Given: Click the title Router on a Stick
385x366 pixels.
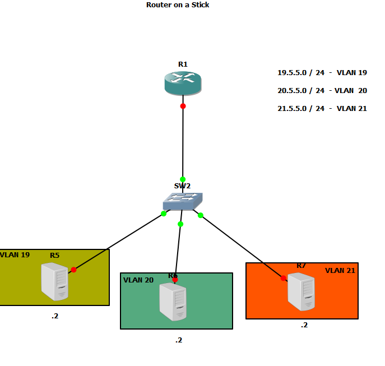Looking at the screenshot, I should click(x=178, y=4).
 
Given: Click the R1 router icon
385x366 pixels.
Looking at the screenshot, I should click(x=183, y=82).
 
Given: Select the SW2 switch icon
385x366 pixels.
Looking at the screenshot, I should click(x=183, y=201).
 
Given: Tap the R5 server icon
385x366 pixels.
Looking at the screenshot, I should click(x=55, y=282).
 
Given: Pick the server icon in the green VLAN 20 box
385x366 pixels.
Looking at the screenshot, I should click(x=173, y=301).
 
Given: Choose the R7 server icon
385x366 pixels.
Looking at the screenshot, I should click(x=301, y=291).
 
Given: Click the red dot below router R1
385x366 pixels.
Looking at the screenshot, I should click(x=183, y=106).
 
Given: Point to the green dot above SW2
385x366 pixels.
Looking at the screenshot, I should click(x=183, y=179).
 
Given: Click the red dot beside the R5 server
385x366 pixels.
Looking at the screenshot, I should click(x=73, y=270).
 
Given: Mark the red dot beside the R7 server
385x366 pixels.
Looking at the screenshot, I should click(x=283, y=278).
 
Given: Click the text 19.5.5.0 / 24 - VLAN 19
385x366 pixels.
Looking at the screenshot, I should click(x=322, y=72).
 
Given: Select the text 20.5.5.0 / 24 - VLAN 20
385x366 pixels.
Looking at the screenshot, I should click(x=322, y=90).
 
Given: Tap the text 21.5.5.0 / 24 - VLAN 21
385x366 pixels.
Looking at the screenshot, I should click(x=322, y=108).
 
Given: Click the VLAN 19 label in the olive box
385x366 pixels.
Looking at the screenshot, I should click(x=15, y=254).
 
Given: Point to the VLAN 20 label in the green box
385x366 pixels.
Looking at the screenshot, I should click(x=138, y=280).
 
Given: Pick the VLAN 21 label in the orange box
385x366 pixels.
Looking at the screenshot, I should click(x=340, y=270).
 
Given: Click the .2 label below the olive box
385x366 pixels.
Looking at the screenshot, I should click(x=55, y=316).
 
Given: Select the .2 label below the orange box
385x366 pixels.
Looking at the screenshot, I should click(x=304, y=325).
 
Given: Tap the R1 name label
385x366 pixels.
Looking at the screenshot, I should click(x=183, y=64).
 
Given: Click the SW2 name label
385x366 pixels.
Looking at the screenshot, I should click(x=183, y=186).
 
